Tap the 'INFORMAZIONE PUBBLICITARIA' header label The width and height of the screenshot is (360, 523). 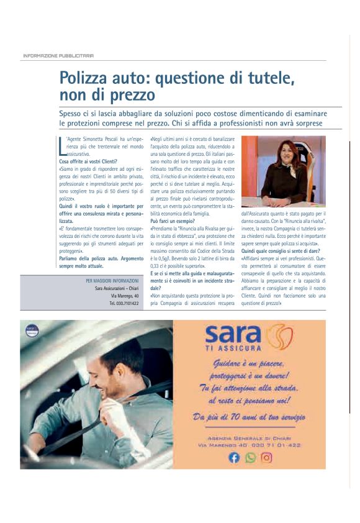(x=58, y=55)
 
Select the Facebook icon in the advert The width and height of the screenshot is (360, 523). (x=234, y=458)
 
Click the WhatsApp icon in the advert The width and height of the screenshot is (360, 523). (x=250, y=458)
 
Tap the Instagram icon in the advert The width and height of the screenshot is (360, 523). (x=266, y=458)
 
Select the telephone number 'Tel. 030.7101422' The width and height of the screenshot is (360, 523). (x=124, y=303)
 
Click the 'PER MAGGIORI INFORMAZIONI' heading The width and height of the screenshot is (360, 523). (x=112, y=281)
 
